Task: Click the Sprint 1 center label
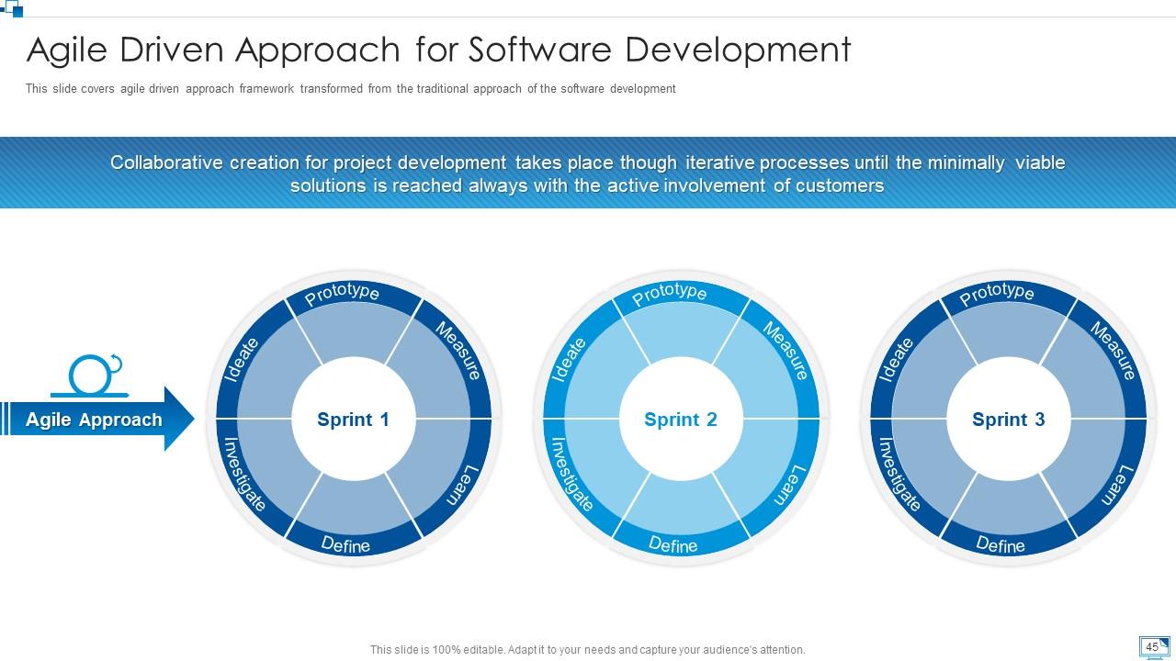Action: click(353, 420)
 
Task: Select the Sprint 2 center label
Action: click(681, 420)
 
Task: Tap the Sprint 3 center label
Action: click(1008, 420)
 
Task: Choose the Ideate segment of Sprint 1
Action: click(242, 360)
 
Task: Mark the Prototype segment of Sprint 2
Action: click(670, 293)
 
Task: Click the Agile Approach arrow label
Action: click(94, 420)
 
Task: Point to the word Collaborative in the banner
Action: click(166, 162)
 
